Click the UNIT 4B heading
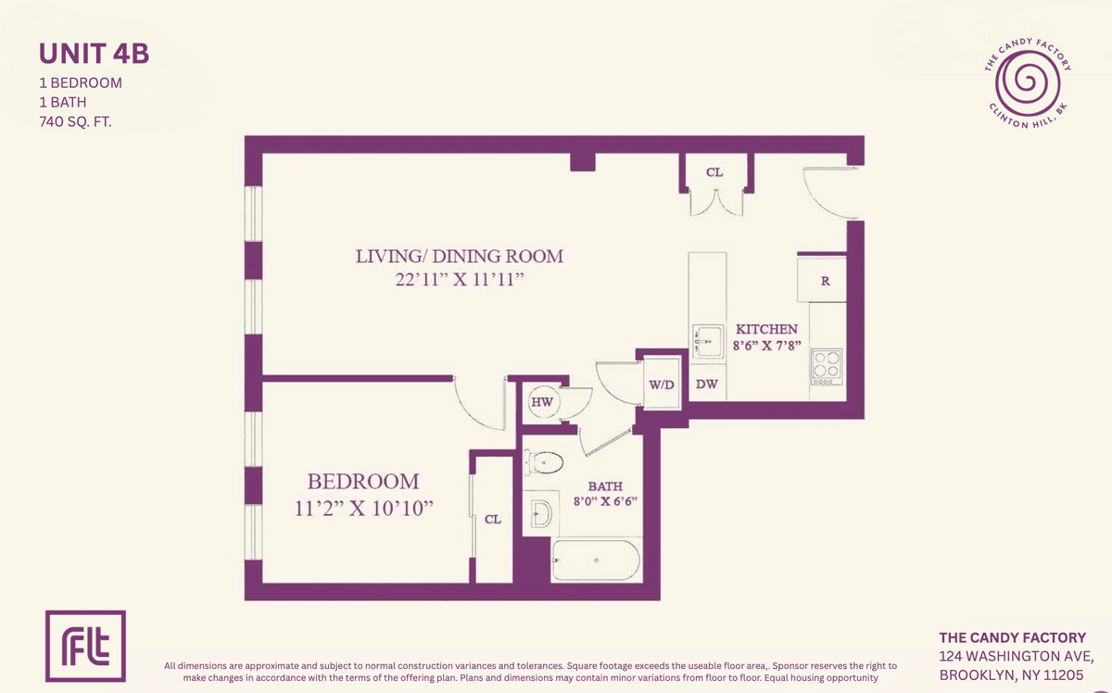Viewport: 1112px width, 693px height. [x=94, y=54]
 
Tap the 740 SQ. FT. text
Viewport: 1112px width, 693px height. [x=75, y=121]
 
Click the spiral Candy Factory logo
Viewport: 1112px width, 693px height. [x=1028, y=82]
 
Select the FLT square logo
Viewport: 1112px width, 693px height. [x=85, y=646]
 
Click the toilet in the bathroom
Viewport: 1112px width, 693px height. [x=544, y=462]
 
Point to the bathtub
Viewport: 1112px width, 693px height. [x=596, y=560]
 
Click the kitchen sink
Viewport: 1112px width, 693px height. [x=708, y=340]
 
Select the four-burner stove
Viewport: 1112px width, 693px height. [x=827, y=367]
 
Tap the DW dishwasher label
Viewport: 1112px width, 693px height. [x=706, y=384]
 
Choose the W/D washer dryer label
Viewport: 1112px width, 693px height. [x=662, y=384]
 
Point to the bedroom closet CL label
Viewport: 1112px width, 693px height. [x=492, y=519]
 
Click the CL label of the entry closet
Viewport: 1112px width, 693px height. [x=714, y=172]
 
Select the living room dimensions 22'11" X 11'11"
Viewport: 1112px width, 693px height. [x=460, y=280]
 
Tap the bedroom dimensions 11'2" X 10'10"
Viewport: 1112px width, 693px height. [x=364, y=509]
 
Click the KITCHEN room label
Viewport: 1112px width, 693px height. [x=766, y=329]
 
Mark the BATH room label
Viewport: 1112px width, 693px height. [x=605, y=486]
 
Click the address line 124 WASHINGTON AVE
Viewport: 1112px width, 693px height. [x=1017, y=656]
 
